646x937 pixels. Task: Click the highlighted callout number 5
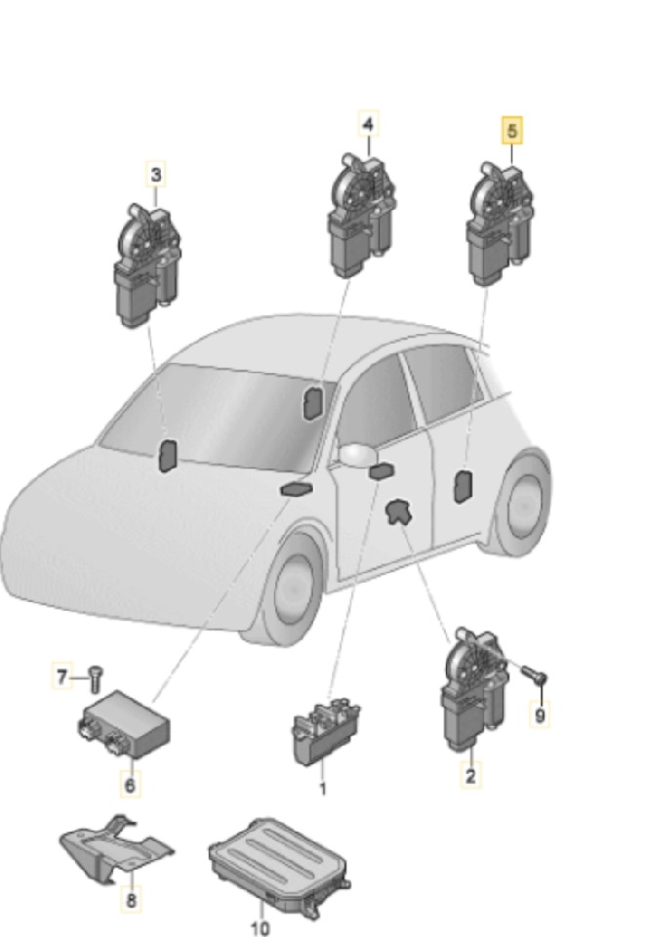pyautogui.click(x=512, y=130)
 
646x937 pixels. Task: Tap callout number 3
pyautogui.click(x=156, y=175)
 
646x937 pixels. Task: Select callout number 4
pyautogui.click(x=368, y=124)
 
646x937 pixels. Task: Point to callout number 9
pyautogui.click(x=541, y=714)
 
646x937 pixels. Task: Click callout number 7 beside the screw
pyautogui.click(x=62, y=677)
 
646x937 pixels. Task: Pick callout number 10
pyautogui.click(x=260, y=927)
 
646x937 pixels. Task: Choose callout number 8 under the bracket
pyautogui.click(x=132, y=899)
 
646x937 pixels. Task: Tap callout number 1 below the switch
pyautogui.click(x=323, y=789)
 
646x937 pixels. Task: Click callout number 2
pyautogui.click(x=471, y=776)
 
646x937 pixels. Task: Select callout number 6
pyautogui.click(x=131, y=784)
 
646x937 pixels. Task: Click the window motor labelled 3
pyautogui.click(x=146, y=265)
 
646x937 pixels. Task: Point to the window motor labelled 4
pyautogui.click(x=361, y=215)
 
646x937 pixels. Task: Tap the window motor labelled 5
pyautogui.click(x=500, y=224)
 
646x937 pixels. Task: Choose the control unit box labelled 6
pyautogui.click(x=123, y=724)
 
